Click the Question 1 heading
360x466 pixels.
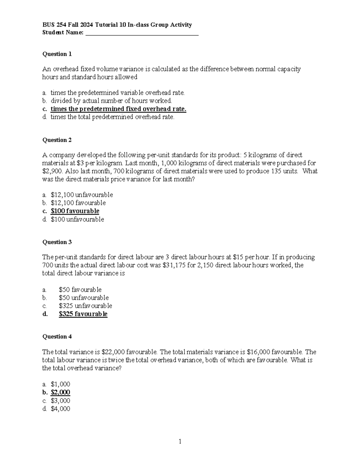[x=57, y=54]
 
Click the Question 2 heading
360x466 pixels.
[x=57, y=140]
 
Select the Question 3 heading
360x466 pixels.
[x=57, y=242]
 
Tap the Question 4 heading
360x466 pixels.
[x=57, y=336]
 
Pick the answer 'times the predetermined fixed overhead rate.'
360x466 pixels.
[x=118, y=109]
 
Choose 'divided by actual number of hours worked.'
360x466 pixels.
[x=111, y=101]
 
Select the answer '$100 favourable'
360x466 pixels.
[x=75, y=211]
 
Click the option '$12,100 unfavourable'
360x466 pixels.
[x=82, y=195]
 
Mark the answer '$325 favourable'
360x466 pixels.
[x=83, y=314]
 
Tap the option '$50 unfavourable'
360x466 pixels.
[x=84, y=298]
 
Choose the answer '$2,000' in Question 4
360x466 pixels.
[x=60, y=392]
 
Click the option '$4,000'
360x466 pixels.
[x=60, y=408]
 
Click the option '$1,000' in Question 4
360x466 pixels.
[x=60, y=384]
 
